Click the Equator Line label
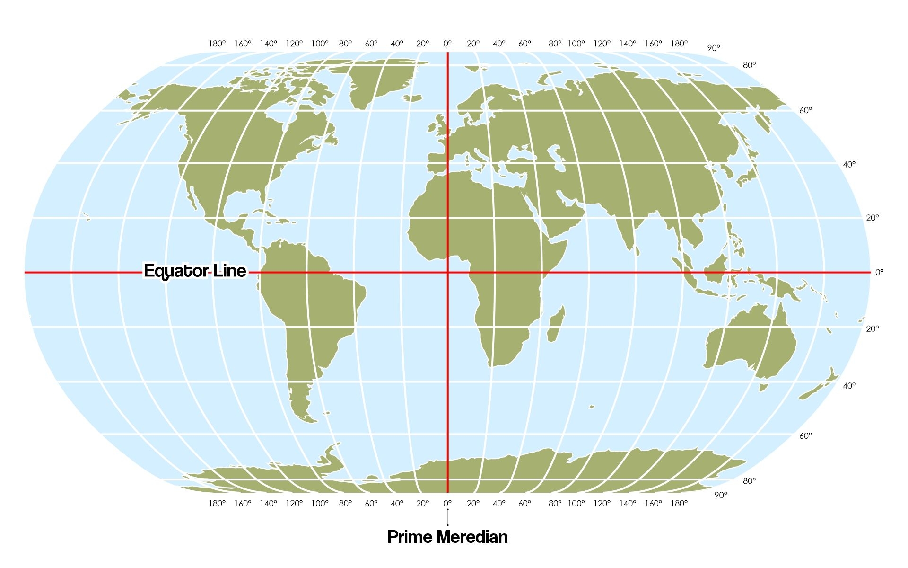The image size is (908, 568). click(195, 271)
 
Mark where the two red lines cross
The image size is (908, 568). click(448, 272)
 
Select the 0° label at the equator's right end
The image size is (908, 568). click(879, 272)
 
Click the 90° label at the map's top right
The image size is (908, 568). click(714, 48)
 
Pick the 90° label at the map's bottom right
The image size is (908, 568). click(720, 495)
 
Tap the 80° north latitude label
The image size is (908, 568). click(749, 65)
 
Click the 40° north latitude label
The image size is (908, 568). click(849, 164)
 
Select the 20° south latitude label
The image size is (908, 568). click(873, 328)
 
